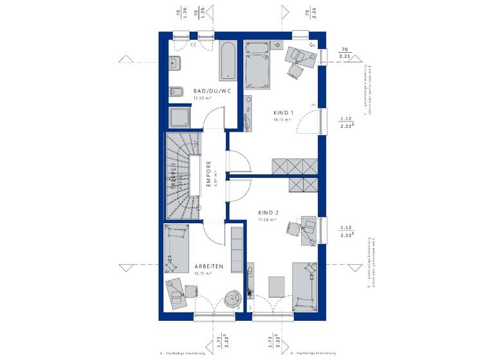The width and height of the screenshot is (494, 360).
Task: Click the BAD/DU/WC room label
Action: point(212,91)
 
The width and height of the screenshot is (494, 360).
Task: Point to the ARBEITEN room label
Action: point(208,265)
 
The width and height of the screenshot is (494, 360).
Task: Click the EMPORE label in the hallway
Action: point(208,174)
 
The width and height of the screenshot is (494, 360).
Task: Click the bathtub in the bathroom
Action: point(229,61)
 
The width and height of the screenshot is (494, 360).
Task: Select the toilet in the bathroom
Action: point(175,93)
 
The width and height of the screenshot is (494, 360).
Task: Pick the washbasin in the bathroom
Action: point(175,62)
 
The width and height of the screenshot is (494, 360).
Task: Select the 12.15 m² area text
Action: point(203,273)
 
